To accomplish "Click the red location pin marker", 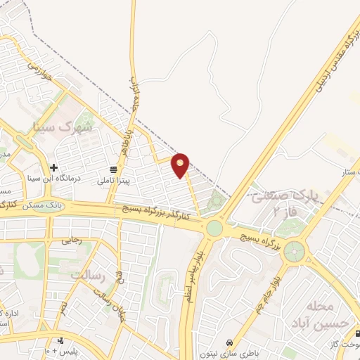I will coord(181,165).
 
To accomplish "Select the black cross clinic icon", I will coord(53,167).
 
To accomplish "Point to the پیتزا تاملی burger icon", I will coord(112,169).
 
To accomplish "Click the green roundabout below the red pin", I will coord(214,229).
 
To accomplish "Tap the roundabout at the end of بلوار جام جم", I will coord(295,250).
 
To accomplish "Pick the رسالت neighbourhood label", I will coord(87,275).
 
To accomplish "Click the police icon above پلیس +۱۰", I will coord(61,340).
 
